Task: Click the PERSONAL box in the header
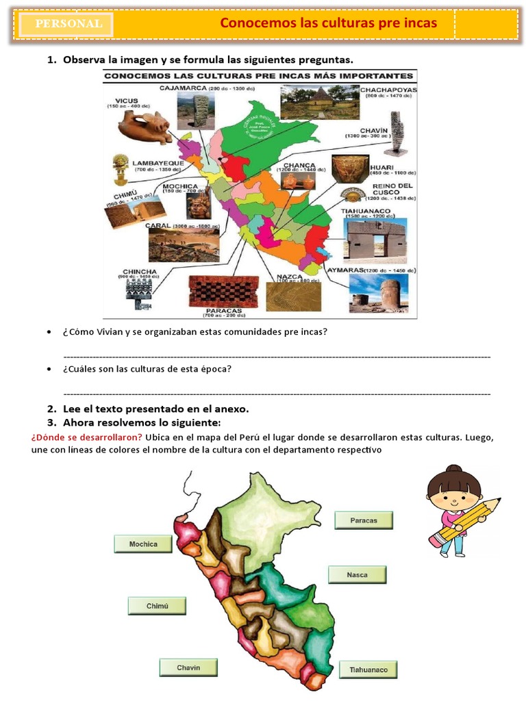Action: coord(68,24)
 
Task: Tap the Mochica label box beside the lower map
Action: coord(143,544)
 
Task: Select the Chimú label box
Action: coord(157,606)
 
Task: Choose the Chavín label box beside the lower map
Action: coord(188,667)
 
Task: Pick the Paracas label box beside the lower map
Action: coord(364,520)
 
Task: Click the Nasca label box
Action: coord(357,575)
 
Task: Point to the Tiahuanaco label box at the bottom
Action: coord(368,670)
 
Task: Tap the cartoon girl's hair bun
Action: coord(453,471)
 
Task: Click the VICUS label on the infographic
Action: coord(127,99)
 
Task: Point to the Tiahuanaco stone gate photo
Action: coord(374,241)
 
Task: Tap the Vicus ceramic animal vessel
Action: coord(144,127)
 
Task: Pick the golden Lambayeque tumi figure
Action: coord(121,168)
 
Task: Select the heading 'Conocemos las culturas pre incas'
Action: coord(328,24)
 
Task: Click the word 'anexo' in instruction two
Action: coord(230,409)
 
